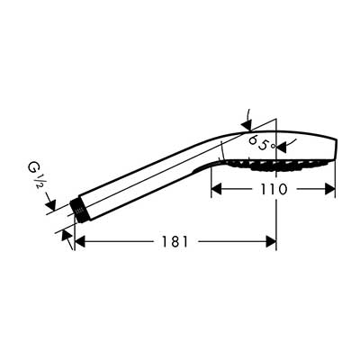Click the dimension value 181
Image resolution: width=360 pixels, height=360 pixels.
[175, 241]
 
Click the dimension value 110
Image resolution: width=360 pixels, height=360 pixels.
[274, 189]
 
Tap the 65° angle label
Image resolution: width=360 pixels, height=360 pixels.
[262, 143]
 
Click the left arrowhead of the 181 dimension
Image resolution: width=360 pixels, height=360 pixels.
[79, 241]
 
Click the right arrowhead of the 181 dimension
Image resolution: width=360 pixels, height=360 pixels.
[271, 241]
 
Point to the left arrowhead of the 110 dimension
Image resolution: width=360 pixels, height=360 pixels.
[217, 189]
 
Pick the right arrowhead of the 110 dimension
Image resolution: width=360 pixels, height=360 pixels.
[329, 189]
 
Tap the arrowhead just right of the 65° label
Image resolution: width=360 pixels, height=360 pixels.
[283, 147]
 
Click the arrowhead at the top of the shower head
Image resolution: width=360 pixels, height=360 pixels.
[247, 125]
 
